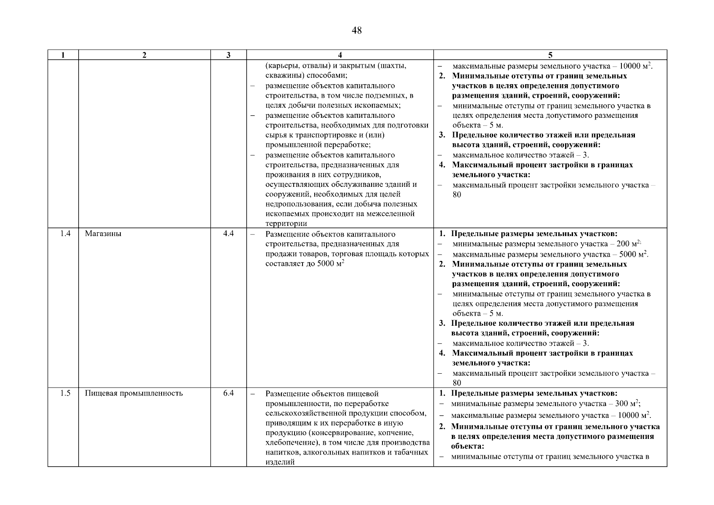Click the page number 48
pyautogui.click(x=356, y=31)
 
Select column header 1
pyautogui.click(x=63, y=55)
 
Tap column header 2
pyautogui.click(x=144, y=55)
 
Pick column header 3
pyautogui.click(x=228, y=55)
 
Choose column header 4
pyautogui.click(x=340, y=55)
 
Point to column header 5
pyautogui.click(x=550, y=55)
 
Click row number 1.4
pyautogui.click(x=65, y=234)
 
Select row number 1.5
pyautogui.click(x=65, y=393)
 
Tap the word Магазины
pyautogui.click(x=103, y=234)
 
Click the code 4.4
pyautogui.click(x=228, y=234)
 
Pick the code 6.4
pyautogui.click(x=228, y=393)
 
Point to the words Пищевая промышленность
pyautogui.click(x=134, y=393)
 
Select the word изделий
pyautogui.click(x=280, y=462)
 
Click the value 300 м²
pyautogui.click(x=628, y=404)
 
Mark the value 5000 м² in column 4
pyautogui.click(x=329, y=264)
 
